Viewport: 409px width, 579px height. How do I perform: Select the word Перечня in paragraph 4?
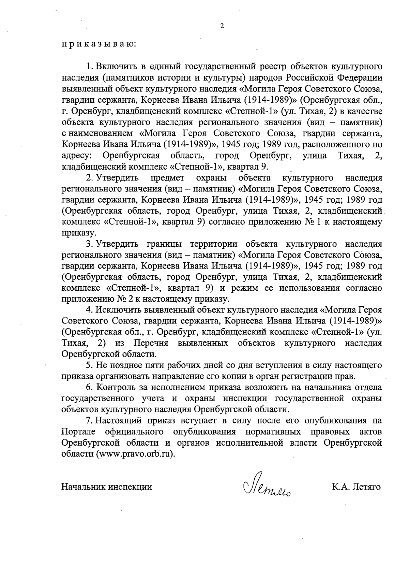pos(151,343)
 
